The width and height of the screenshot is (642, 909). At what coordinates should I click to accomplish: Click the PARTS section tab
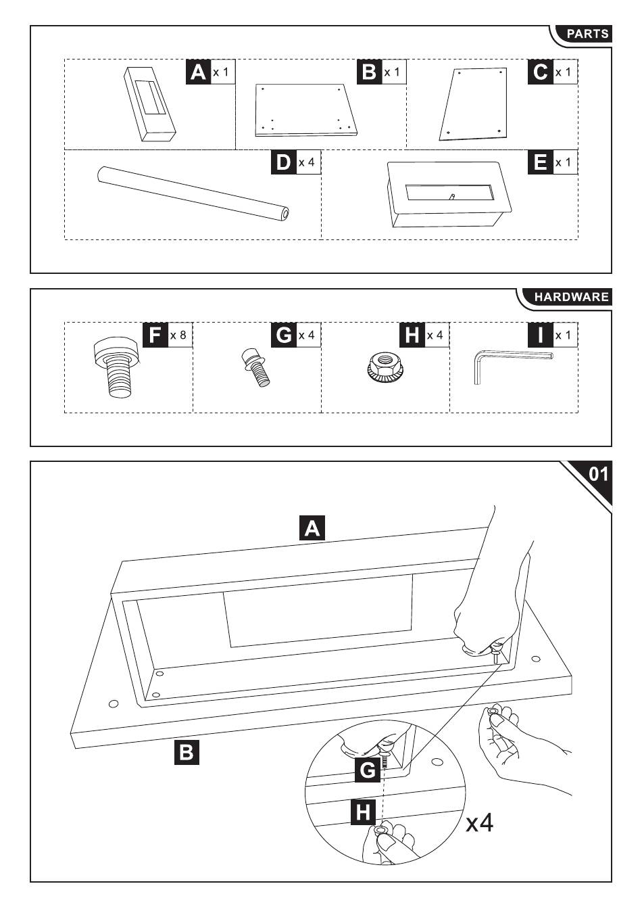pos(586,34)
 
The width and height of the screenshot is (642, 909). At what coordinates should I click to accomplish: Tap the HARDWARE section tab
pos(570,296)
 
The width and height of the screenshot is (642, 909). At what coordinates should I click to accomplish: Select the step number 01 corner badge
pos(597,474)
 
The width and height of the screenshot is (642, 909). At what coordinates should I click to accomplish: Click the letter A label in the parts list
pos(197,72)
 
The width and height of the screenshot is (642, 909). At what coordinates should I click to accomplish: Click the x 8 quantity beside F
pos(178,335)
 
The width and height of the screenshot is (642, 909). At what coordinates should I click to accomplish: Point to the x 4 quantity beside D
pos(307,163)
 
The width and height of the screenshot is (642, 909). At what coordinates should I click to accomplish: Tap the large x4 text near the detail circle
pos(480,823)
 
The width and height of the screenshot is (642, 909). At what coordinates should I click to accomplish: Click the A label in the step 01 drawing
pos(312,528)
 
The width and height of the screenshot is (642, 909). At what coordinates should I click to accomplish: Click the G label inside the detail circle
pos(367,770)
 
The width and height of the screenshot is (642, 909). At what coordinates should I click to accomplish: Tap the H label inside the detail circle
pos(364,811)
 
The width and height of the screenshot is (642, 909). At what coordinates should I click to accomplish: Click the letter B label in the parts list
pos(369,72)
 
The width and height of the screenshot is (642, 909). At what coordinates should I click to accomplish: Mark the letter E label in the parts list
pos(540,163)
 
